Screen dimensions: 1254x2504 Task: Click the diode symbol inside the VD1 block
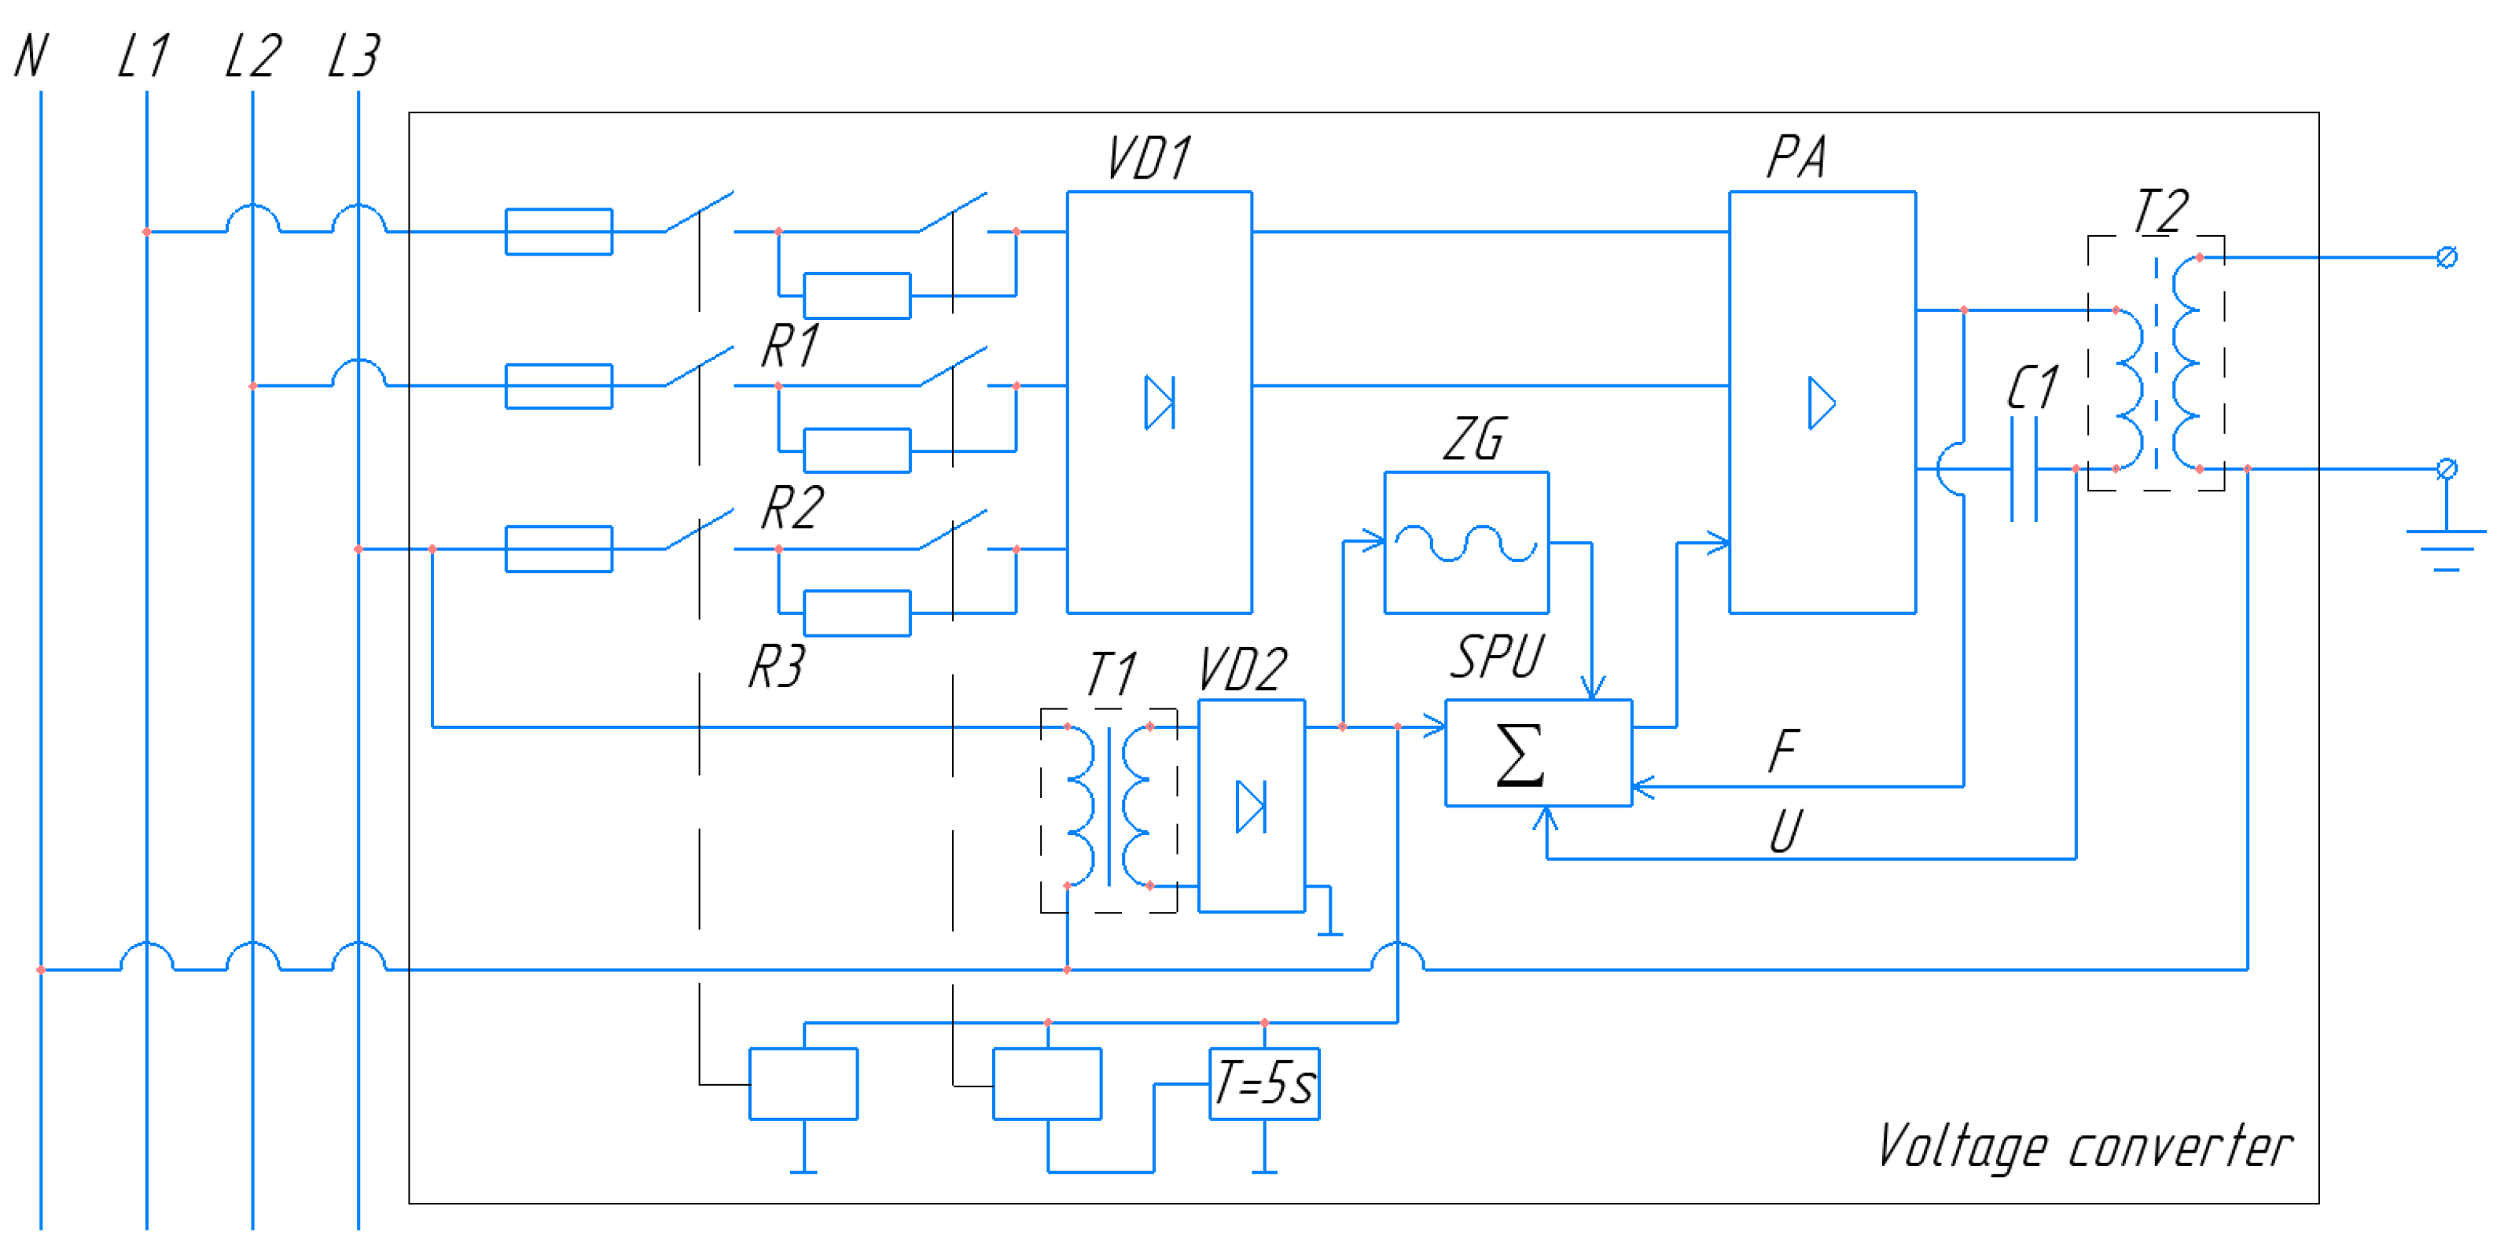point(1160,403)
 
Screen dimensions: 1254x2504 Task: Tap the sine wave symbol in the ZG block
point(1466,543)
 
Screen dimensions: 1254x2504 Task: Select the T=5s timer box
point(1263,1083)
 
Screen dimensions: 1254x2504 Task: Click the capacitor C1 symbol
point(2024,469)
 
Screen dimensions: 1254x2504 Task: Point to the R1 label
point(790,346)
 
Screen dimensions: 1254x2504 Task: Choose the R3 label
point(778,667)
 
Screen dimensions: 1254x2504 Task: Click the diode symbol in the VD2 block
point(1251,807)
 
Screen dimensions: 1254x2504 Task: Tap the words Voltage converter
point(2084,1147)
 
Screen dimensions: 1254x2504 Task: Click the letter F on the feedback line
point(1784,751)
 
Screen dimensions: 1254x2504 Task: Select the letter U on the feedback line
point(1785,832)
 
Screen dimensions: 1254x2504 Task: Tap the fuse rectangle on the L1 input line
point(559,231)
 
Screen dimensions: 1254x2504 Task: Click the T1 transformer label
point(1111,674)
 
